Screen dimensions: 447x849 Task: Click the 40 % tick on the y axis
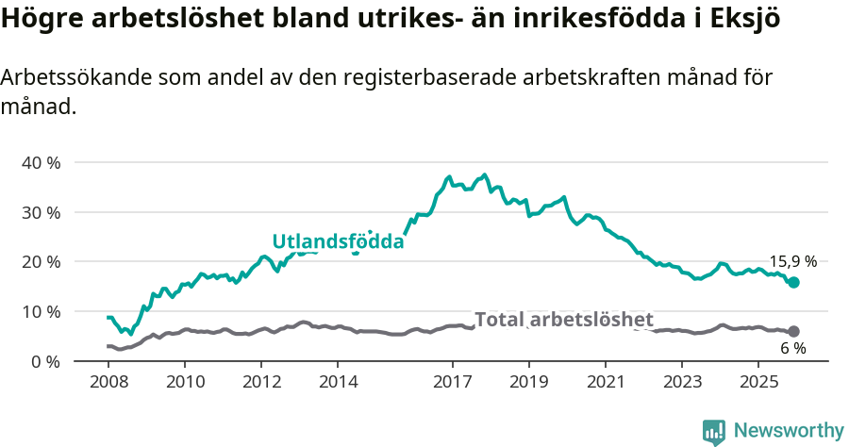[x=41, y=162]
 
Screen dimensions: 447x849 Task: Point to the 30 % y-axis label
[x=41, y=212]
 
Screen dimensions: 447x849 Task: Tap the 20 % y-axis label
[x=41, y=261]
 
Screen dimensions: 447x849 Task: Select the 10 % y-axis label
[x=41, y=311]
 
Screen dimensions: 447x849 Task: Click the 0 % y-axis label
[x=44, y=361]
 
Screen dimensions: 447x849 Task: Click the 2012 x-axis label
[x=261, y=382]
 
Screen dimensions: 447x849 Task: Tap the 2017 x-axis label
[x=453, y=382]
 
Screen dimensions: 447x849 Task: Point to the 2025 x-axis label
[x=759, y=382]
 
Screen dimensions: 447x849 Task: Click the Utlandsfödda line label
[x=338, y=241]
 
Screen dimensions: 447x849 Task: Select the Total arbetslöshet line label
[x=563, y=320]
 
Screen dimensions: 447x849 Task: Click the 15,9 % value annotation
[x=793, y=262]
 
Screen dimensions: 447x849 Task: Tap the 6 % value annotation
[x=793, y=348]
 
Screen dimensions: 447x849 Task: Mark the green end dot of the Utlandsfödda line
[x=794, y=282]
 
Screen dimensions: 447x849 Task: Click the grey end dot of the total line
[x=794, y=331]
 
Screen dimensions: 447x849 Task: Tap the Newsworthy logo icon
[x=714, y=431]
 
